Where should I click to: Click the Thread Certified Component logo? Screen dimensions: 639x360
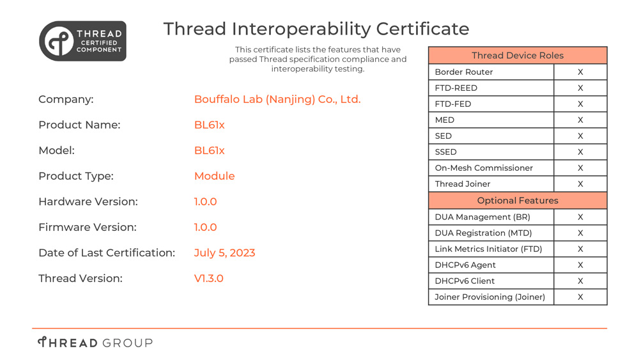(82, 41)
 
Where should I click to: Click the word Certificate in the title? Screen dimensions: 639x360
(422, 29)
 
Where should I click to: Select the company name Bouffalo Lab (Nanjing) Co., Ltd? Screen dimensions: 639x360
(277, 100)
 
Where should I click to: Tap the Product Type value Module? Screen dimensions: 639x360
(214, 176)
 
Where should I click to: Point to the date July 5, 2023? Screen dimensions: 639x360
(224, 253)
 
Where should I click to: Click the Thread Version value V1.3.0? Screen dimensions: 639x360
(209, 278)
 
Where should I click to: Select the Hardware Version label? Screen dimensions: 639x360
(88, 202)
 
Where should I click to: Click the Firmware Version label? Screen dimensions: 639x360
(88, 228)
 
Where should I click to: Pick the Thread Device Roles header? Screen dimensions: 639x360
(518, 56)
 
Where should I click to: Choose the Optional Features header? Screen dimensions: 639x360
(518, 201)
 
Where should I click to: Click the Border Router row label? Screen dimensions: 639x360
(464, 72)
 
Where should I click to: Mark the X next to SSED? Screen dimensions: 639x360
(580, 152)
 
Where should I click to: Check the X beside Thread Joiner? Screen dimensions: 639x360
(580, 184)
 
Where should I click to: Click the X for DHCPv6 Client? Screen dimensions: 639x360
(580, 281)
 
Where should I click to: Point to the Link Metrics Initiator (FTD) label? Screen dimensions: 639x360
(488, 249)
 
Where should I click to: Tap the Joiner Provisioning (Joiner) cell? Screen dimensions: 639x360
(490, 297)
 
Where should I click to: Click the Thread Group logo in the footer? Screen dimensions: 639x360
(95, 343)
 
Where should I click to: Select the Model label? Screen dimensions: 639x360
(57, 150)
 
